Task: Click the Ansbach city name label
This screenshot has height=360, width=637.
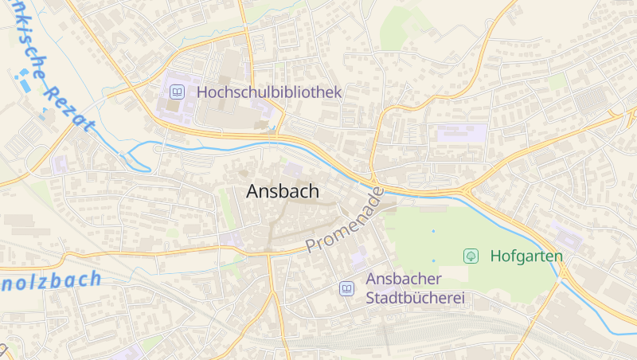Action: pyautogui.click(x=283, y=191)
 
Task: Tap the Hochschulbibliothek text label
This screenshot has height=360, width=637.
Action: pyautogui.click(x=269, y=92)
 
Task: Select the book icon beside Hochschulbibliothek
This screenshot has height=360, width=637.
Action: pyautogui.click(x=177, y=92)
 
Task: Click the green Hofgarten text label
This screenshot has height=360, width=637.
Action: pyautogui.click(x=526, y=256)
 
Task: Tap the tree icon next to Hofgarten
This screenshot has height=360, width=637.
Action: pyautogui.click(x=471, y=256)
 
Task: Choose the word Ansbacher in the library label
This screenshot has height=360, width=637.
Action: pyautogui.click(x=403, y=280)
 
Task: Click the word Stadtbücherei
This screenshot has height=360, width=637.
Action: pyautogui.click(x=415, y=299)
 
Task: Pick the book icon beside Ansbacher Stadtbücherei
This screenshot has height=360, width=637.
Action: pyautogui.click(x=346, y=288)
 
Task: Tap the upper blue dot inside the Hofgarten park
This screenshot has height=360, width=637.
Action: pyautogui.click(x=434, y=231)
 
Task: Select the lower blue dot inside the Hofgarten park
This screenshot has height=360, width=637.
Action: pyautogui.click(x=434, y=260)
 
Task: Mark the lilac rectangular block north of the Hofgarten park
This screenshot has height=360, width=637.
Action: pyautogui.click(x=462, y=133)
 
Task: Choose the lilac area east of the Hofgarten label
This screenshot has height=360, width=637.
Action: pyautogui.click(x=568, y=237)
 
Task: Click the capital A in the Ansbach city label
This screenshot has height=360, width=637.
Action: pyautogui.click(x=253, y=191)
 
